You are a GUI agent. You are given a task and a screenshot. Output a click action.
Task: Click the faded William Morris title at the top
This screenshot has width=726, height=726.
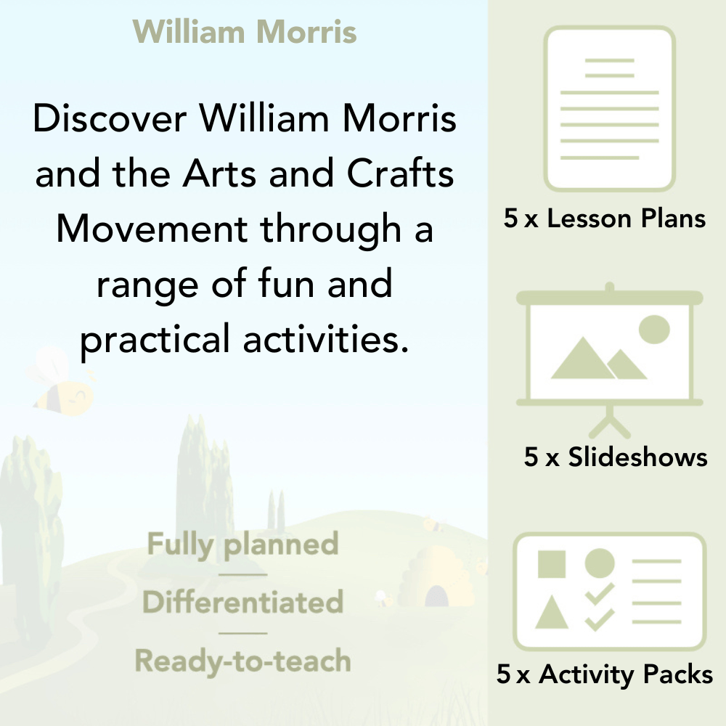pyautogui.click(x=245, y=32)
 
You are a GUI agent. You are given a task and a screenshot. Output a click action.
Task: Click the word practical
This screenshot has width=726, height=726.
pyautogui.click(x=155, y=339)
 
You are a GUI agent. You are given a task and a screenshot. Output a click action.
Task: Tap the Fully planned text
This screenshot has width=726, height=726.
pyautogui.click(x=242, y=544)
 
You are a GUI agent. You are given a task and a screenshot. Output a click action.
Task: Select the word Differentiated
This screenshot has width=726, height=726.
pyautogui.click(x=242, y=602)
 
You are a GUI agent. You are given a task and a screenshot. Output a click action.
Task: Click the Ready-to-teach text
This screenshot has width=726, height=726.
pyautogui.click(x=242, y=661)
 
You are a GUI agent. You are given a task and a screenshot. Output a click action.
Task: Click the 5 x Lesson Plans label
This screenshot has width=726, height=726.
pyautogui.click(x=605, y=219)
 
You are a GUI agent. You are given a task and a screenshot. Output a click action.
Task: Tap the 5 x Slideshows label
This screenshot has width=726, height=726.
pyautogui.click(x=615, y=457)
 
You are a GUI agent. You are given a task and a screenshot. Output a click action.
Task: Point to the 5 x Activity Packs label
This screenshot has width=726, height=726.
pyautogui.click(x=605, y=675)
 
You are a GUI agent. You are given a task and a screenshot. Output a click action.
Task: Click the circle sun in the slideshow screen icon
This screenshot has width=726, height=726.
pyautogui.click(x=653, y=329)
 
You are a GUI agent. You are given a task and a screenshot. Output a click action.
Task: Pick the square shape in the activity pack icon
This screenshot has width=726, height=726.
pyautogui.click(x=552, y=563)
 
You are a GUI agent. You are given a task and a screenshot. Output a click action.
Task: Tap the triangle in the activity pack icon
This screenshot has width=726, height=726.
pyautogui.click(x=551, y=613)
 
